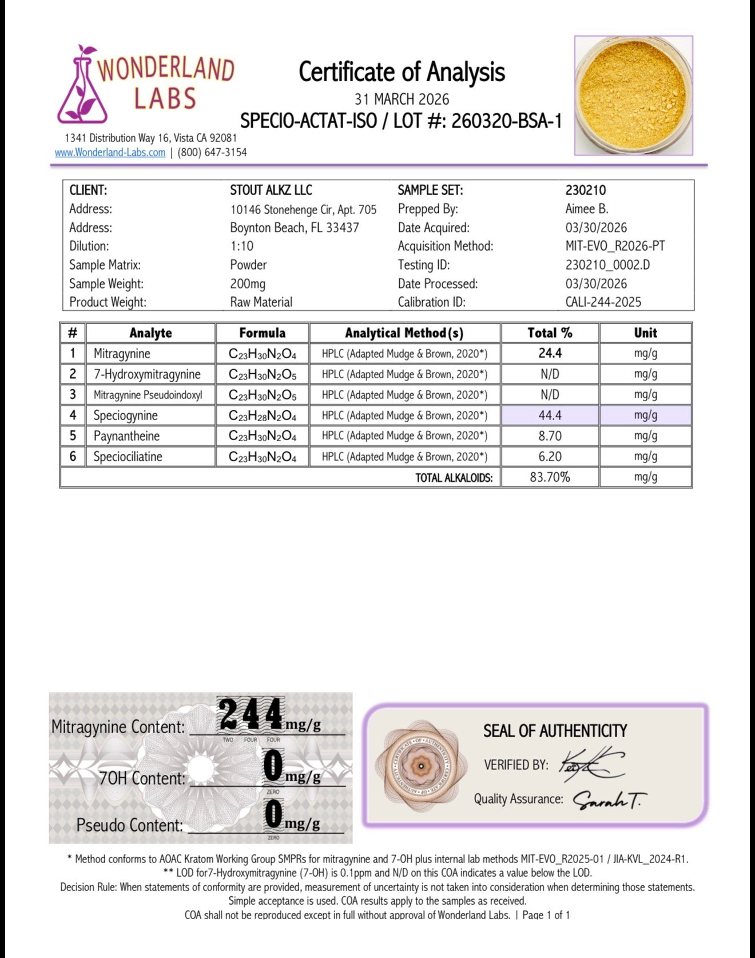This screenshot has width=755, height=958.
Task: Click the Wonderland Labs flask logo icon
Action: (x=83, y=86)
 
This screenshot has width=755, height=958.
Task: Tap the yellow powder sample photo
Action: (x=633, y=96)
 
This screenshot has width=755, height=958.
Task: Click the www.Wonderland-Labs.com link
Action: (x=110, y=153)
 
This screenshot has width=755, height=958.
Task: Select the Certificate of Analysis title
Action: (x=402, y=72)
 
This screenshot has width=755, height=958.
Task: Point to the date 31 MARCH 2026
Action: (x=402, y=100)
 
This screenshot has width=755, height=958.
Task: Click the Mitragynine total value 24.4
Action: (x=550, y=353)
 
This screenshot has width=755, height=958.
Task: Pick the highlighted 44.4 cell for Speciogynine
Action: (x=550, y=415)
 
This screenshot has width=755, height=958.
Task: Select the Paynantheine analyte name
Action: (x=126, y=436)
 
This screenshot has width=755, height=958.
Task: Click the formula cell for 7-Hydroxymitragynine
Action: (x=262, y=374)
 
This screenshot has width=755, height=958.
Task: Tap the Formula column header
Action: (x=262, y=333)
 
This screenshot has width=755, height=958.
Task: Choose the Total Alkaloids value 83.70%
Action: (x=550, y=477)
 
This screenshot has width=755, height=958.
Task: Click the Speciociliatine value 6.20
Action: (x=550, y=457)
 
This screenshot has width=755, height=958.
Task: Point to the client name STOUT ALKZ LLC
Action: (x=271, y=191)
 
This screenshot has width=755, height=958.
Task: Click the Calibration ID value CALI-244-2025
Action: (x=603, y=302)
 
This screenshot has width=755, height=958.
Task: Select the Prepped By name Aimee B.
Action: (x=586, y=209)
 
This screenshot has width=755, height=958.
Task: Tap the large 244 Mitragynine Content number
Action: (x=251, y=715)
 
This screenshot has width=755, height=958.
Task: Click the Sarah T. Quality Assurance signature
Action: (x=609, y=800)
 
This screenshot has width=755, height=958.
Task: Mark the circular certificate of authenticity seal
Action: (x=421, y=766)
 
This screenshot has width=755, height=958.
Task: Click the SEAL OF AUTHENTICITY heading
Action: (x=555, y=731)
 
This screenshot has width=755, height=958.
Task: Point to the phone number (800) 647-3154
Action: (x=212, y=153)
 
